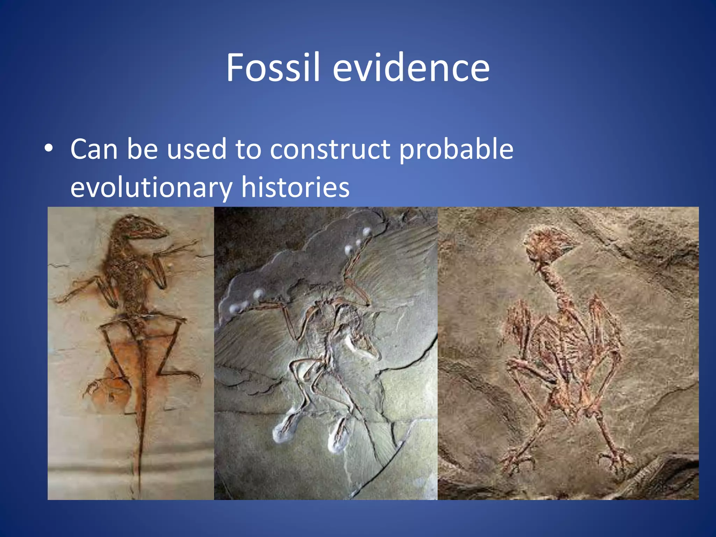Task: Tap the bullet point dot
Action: click(49, 148)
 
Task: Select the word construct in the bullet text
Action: click(330, 149)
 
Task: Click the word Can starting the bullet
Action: click(94, 149)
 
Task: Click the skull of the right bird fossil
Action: click(547, 245)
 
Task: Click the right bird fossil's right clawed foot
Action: click(615, 458)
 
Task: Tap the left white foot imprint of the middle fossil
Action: click(285, 428)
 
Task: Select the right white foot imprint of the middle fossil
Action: click(337, 437)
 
